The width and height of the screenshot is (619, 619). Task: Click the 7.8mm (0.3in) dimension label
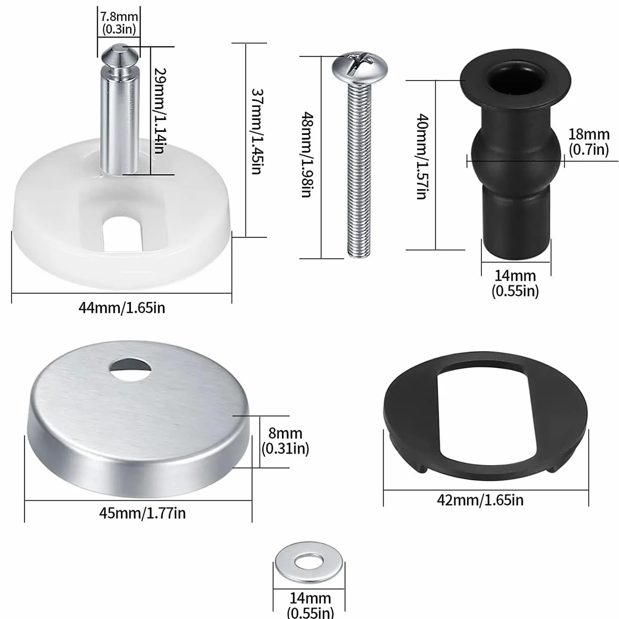pyautogui.click(x=119, y=22)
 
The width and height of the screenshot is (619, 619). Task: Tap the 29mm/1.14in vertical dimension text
pyautogui.click(x=159, y=110)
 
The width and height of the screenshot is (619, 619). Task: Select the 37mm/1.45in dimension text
pyautogui.click(x=257, y=131)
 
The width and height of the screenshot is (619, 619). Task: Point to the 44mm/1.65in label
pyautogui.click(x=122, y=308)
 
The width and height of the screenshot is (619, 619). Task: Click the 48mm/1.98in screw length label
pyautogui.click(x=307, y=155)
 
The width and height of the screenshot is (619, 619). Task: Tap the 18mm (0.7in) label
pyautogui.click(x=589, y=141)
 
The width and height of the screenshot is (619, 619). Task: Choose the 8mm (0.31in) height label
pyautogui.click(x=285, y=441)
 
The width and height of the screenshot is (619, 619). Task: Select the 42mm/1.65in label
pyautogui.click(x=480, y=500)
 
